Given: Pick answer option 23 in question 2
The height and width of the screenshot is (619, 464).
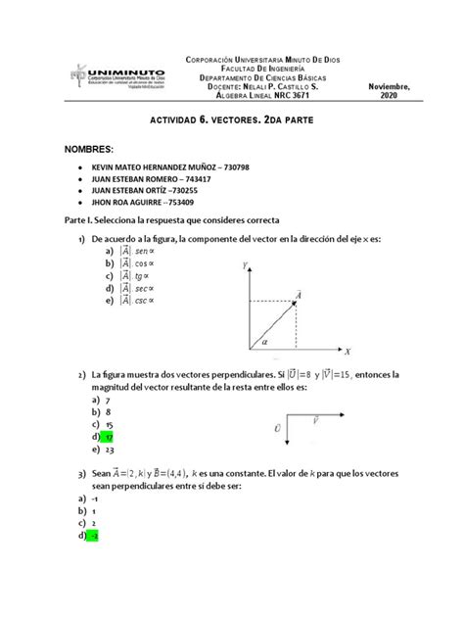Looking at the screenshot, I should (x=109, y=451).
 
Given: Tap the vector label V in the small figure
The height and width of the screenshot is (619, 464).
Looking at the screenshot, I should (x=314, y=418).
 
